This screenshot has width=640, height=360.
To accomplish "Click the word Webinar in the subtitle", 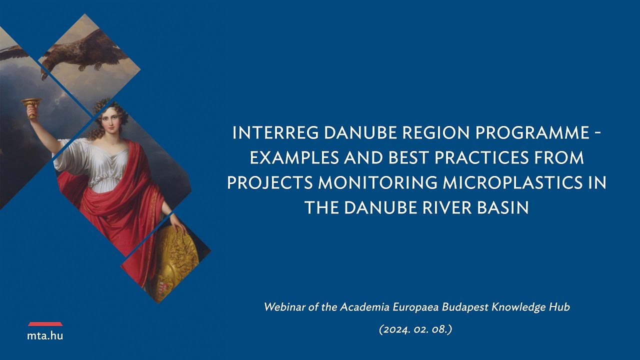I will click(x=283, y=307).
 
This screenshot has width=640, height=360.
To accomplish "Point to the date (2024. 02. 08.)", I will click(x=416, y=330).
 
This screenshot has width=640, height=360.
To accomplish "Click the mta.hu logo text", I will click(x=45, y=336).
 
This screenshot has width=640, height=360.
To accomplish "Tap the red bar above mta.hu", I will click(x=45, y=324).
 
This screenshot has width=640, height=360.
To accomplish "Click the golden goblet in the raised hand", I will click(x=30, y=105).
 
